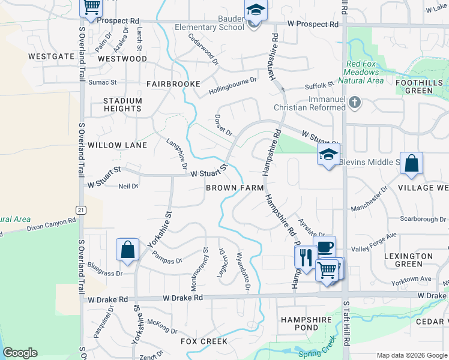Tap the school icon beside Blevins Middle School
click(328, 154)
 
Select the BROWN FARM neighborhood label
click(235, 188)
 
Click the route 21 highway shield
click(79, 209)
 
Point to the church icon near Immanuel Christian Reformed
click(355, 103)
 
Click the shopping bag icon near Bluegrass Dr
click(128, 249)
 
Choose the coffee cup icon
click(325, 246)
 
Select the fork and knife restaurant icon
click(306, 257)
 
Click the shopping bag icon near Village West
click(412, 163)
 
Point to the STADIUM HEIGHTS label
click(122, 105)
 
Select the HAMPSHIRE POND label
click(306, 324)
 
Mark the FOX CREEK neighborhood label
click(204, 341)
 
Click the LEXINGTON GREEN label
click(408, 260)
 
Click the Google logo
click(20, 353)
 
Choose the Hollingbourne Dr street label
click(232, 86)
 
